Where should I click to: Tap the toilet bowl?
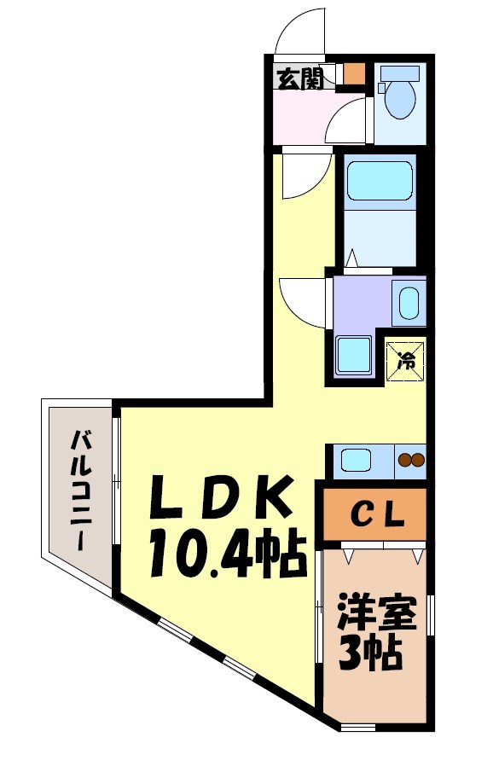(x=398, y=100)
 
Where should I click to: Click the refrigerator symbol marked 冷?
(x=406, y=359)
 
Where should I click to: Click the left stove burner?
(x=404, y=461)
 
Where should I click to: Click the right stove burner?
(x=417, y=461)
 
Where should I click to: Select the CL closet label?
(x=373, y=514)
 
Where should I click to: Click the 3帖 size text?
(x=373, y=654)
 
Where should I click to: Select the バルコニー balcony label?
(x=82, y=490)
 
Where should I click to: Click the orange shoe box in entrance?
(x=353, y=73)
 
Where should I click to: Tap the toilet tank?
(x=397, y=73)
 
